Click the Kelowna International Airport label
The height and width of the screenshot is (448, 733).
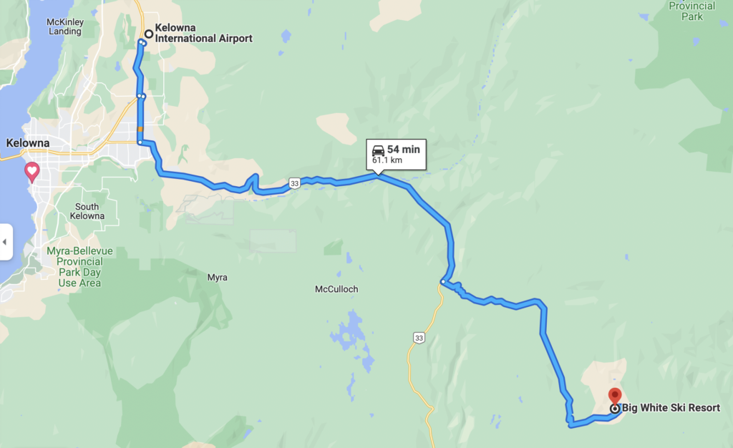click(203, 34)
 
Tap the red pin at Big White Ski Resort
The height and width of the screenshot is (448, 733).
click(614, 396)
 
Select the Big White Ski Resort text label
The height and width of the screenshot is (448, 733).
click(671, 409)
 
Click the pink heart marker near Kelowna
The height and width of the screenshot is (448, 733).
click(32, 171)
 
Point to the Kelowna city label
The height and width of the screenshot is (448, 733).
click(27, 143)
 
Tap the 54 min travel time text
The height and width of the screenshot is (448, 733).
click(403, 150)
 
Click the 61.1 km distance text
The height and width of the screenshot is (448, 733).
click(387, 160)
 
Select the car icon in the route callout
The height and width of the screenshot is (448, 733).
click(378, 150)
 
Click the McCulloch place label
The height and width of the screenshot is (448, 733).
click(336, 289)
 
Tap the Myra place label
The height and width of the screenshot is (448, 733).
click(217, 277)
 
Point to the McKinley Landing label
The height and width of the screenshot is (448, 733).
click(65, 26)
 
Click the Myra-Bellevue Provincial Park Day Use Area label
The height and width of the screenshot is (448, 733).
click(79, 267)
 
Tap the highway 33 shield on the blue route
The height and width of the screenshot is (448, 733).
click(294, 185)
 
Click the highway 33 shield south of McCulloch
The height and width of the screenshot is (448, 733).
click(419, 337)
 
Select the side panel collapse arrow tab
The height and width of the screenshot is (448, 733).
click(4, 242)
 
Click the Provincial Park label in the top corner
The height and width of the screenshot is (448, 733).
click(691, 11)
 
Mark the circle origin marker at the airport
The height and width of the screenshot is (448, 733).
click(149, 34)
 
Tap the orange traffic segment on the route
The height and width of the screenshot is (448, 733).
click(140, 130)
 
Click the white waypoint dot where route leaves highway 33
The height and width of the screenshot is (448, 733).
click(443, 282)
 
